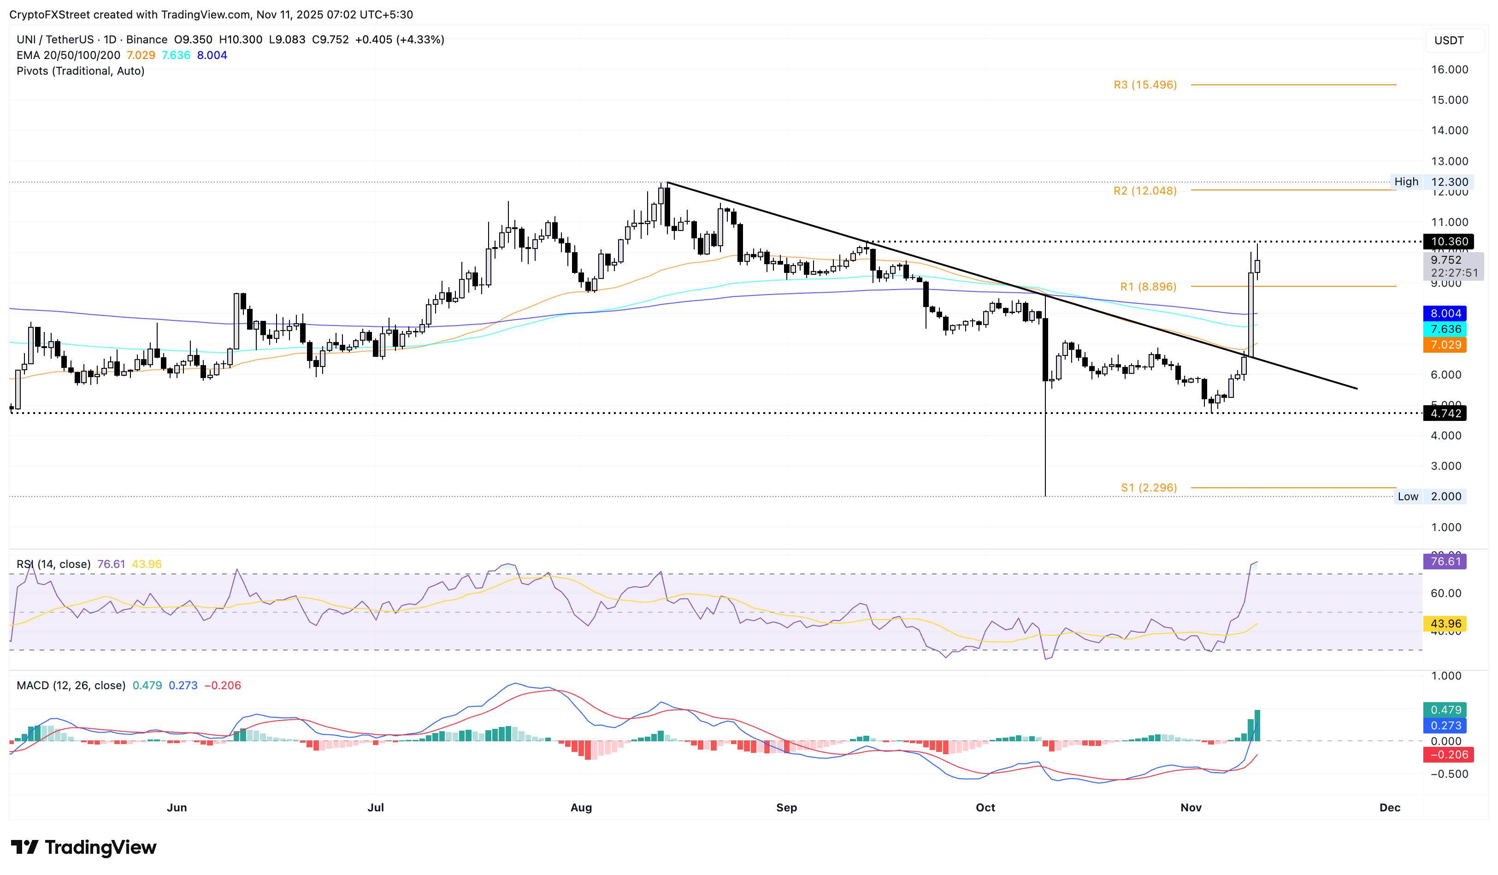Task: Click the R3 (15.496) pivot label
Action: pos(1145,85)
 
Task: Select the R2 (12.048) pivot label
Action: pos(1145,191)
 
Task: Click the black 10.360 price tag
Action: pos(1449,241)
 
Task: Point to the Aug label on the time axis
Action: pos(581,807)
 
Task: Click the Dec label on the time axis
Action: pos(1389,807)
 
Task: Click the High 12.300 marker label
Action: pos(1430,182)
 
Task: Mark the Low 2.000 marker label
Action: pos(1430,497)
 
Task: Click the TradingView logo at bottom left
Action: pos(84,847)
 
